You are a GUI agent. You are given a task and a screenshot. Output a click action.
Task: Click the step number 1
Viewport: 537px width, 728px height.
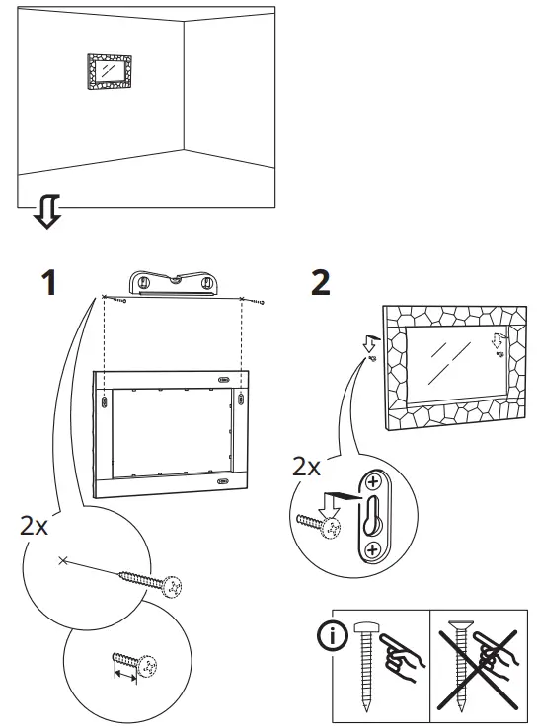[45, 282]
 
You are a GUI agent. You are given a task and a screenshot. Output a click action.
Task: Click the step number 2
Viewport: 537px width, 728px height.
[320, 282]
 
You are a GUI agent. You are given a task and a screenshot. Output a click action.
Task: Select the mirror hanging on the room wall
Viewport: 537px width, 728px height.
[110, 71]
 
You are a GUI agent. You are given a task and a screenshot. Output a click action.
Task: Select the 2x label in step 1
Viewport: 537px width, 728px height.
[34, 525]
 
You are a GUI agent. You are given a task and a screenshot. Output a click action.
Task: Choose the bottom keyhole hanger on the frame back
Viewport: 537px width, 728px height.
[222, 483]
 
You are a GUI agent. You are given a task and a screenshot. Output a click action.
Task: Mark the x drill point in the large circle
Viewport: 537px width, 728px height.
[63, 560]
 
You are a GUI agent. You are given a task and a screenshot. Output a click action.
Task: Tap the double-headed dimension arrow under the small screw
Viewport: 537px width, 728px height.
[125, 675]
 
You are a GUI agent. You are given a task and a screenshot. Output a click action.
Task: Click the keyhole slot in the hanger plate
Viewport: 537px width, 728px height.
[373, 515]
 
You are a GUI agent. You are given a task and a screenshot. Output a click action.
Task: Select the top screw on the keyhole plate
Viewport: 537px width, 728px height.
[373, 483]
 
